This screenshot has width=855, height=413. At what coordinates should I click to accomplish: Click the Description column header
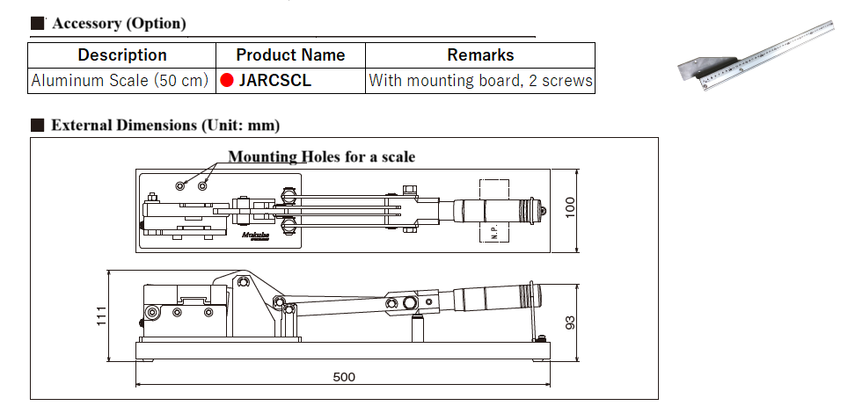(122, 55)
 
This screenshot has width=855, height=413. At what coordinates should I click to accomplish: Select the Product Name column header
(290, 55)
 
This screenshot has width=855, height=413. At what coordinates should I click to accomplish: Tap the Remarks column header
(480, 55)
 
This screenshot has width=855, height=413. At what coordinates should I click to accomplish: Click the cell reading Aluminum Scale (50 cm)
(120, 81)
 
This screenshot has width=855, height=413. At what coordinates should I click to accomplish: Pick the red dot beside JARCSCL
(227, 81)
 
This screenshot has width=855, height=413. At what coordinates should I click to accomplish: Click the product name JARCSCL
(274, 81)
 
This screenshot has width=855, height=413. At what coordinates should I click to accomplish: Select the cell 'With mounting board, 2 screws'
(480, 81)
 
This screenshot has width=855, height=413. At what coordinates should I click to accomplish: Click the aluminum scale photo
(756, 55)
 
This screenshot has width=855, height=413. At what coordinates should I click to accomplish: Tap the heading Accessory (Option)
(119, 24)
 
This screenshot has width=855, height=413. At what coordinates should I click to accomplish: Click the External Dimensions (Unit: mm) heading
(165, 126)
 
